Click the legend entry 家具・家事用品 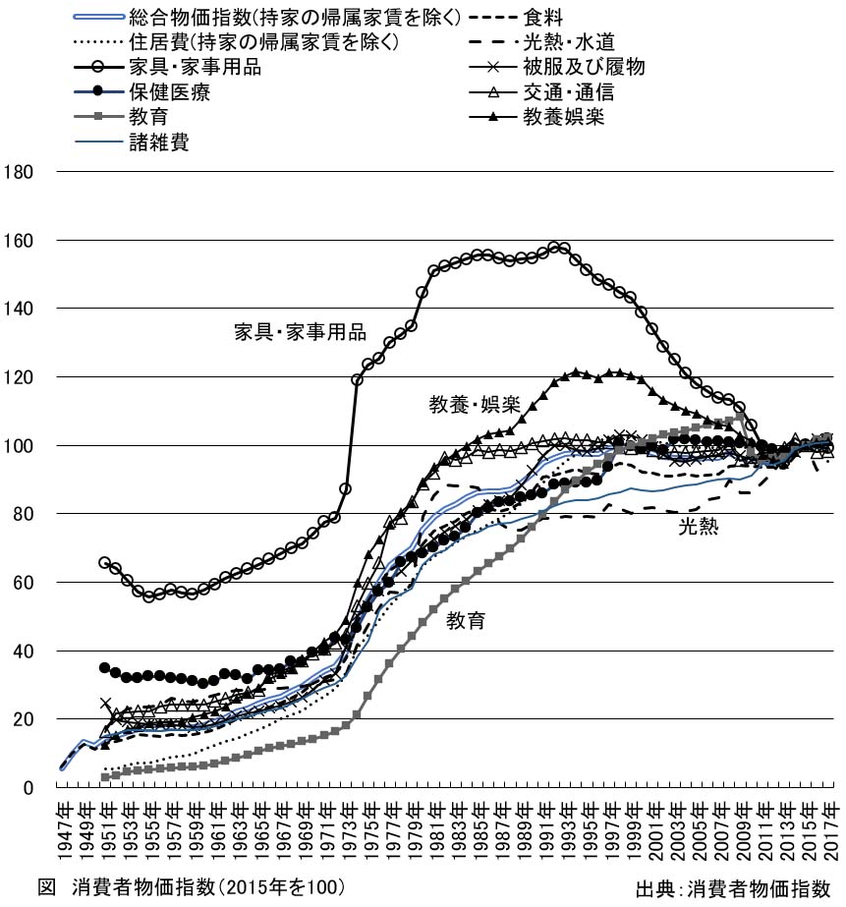click(193, 68)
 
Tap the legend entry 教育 click(147, 118)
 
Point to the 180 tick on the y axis click(21, 172)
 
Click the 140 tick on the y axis click(21, 309)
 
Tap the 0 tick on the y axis click(30, 788)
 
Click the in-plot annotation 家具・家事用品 click(300, 331)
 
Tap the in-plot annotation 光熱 click(698, 527)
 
